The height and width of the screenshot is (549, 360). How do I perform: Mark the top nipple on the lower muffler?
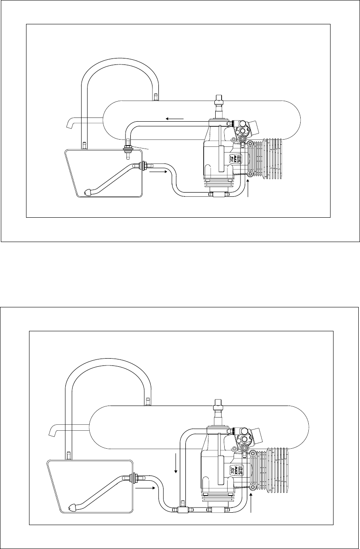coord(148,401)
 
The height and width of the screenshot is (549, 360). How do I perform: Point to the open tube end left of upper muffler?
coord(68,124)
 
